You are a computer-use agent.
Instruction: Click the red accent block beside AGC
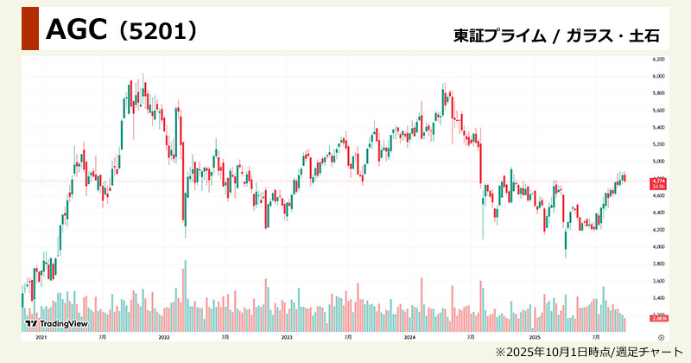[29, 29]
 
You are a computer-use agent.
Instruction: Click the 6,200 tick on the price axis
[657, 60]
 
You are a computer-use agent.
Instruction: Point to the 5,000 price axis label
[657, 162]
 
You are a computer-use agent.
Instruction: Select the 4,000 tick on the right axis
[657, 246]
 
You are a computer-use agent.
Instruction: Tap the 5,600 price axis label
[657, 111]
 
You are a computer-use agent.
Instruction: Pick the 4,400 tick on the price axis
[657, 213]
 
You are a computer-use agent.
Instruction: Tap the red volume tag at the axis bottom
[657, 318]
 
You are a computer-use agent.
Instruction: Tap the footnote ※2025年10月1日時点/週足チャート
[586, 352]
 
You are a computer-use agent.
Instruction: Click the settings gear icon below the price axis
[661, 336]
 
